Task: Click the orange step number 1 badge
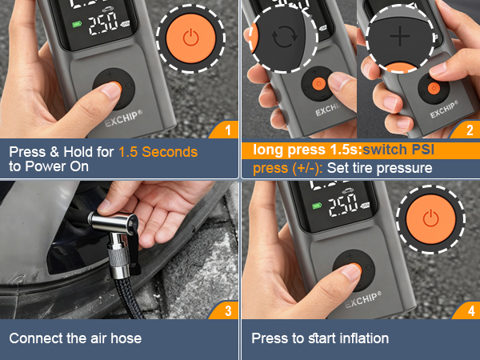click(x=227, y=129)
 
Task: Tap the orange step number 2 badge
click(x=469, y=129)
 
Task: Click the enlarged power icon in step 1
click(x=190, y=38)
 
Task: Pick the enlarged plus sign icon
click(x=398, y=37)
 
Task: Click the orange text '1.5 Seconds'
click(x=158, y=151)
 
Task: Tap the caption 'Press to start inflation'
click(x=320, y=338)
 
